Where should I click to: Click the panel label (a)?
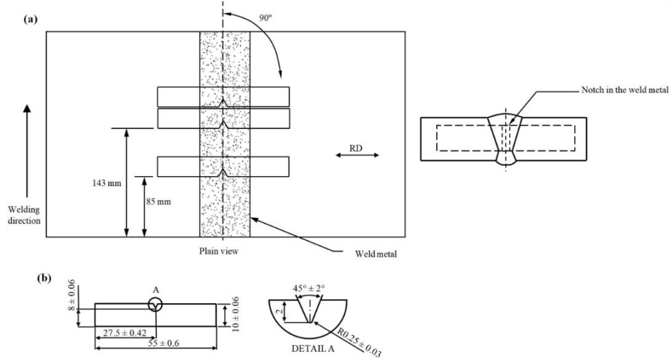click(x=30, y=20)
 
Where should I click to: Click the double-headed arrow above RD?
click(x=357, y=156)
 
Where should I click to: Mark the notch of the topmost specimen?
click(x=223, y=102)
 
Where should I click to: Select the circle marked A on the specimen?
click(x=156, y=304)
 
